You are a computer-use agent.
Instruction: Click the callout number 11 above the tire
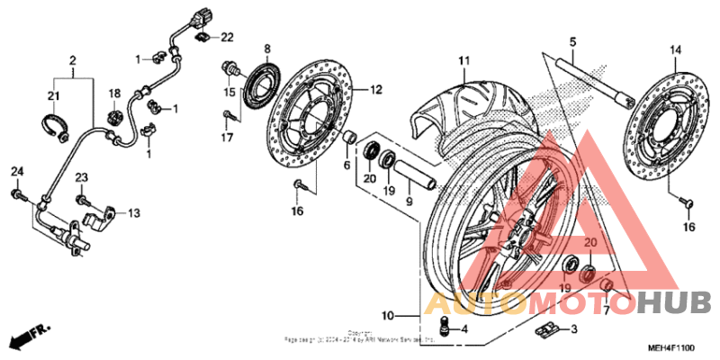point(463,60)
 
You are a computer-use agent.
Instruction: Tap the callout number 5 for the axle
point(571,40)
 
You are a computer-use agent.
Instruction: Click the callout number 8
point(266,47)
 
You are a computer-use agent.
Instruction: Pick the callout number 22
point(227,37)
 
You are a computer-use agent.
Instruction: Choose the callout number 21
point(54,96)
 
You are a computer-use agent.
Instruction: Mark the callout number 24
point(15,172)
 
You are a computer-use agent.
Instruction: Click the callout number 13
point(133,213)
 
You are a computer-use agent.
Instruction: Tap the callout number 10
point(387,317)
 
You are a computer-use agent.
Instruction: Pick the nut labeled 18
point(115,115)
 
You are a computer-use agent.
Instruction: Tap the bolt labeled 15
point(230,67)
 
